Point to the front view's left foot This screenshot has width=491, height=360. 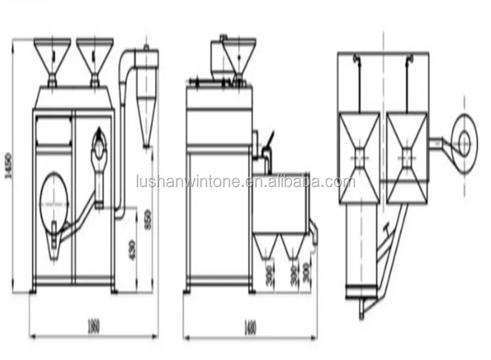[34, 289]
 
